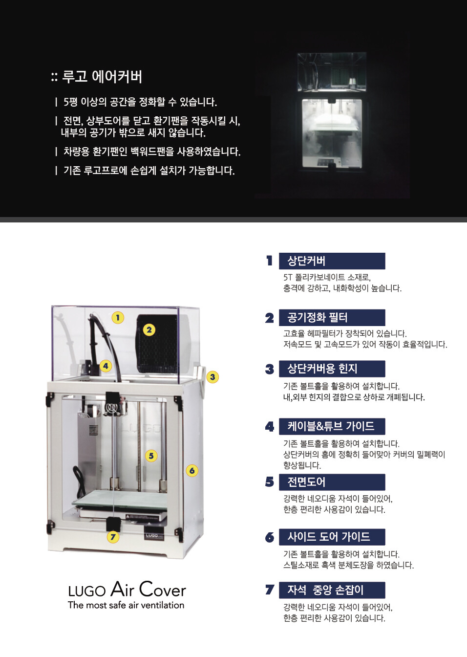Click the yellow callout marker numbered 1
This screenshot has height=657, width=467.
click(x=118, y=318)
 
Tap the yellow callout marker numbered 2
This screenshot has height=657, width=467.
click(x=149, y=330)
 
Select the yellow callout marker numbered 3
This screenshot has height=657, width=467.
click(x=212, y=377)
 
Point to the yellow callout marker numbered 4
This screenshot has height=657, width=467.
click(x=106, y=366)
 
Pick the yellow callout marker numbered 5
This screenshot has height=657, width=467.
click(x=151, y=456)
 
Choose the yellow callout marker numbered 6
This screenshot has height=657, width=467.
click(x=192, y=471)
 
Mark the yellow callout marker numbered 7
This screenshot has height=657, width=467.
click(x=113, y=537)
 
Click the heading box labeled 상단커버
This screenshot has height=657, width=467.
click(x=332, y=261)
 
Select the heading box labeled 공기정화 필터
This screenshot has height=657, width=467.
click(x=332, y=317)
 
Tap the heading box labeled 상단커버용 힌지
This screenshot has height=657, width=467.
click(x=332, y=369)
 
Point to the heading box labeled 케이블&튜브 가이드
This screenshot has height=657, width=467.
click(x=332, y=426)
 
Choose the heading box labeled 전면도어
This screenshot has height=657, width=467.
click(x=332, y=482)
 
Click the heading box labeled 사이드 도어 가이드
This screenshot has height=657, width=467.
click(x=332, y=537)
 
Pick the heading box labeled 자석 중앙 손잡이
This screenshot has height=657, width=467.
click(x=332, y=590)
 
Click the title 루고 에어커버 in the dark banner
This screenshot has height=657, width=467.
click(x=102, y=77)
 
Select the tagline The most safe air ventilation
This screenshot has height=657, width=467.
click(x=126, y=605)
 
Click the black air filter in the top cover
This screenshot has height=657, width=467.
click(x=157, y=344)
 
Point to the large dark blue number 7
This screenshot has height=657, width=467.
click(x=270, y=590)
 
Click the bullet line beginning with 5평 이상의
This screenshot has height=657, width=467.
click(x=140, y=102)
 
